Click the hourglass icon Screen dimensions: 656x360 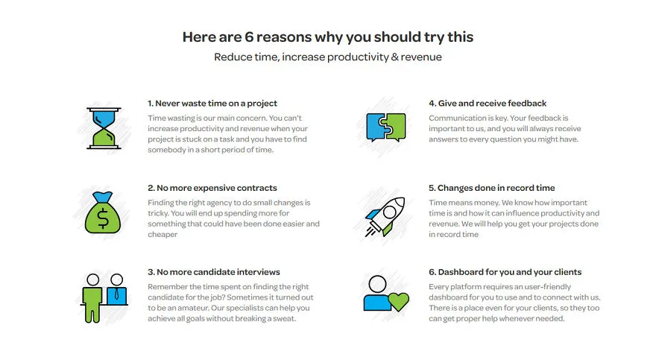click(x=104, y=128)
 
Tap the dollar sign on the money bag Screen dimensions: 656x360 click(x=103, y=218)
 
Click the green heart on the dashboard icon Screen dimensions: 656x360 click(x=398, y=301)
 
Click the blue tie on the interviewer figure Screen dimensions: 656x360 click(x=117, y=294)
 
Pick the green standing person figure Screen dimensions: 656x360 click(x=92, y=298)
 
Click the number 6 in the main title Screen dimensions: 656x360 click(x=249, y=37)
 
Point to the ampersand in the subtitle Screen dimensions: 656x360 click(x=394, y=57)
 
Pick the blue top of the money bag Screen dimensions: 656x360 click(x=103, y=197)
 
